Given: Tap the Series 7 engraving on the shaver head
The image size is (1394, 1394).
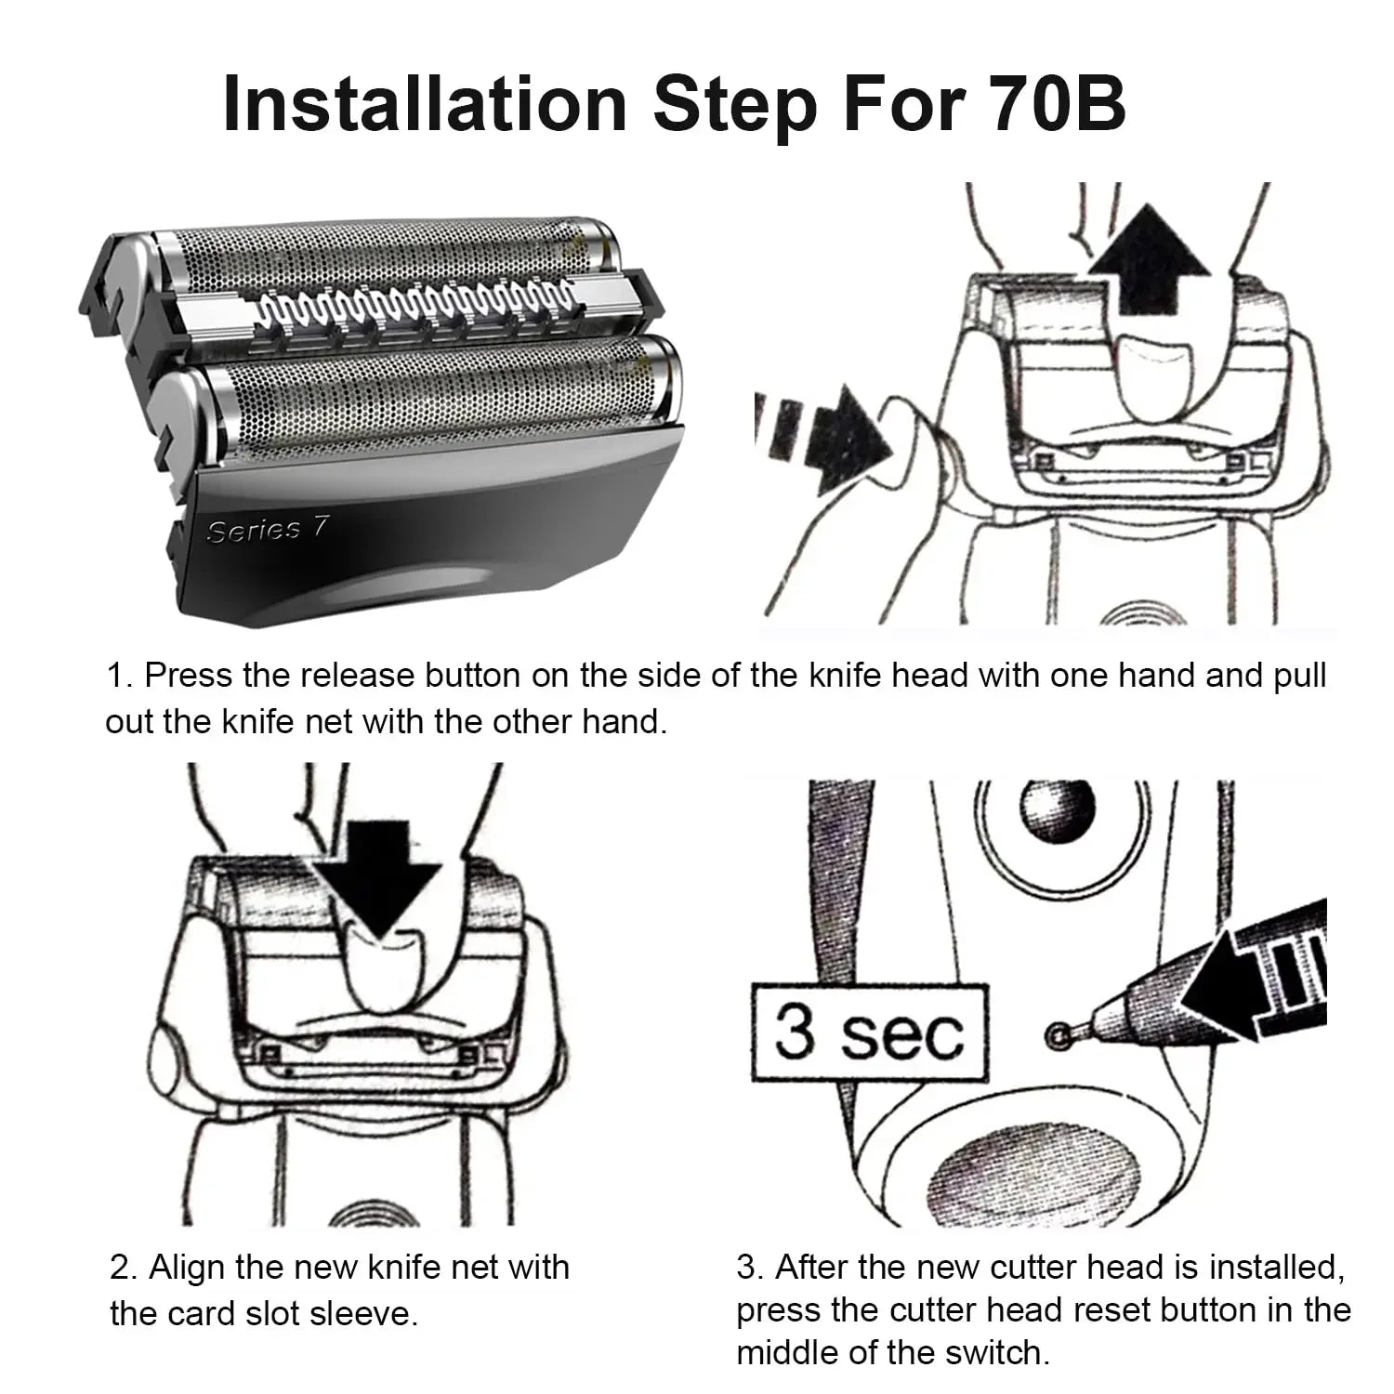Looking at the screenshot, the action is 268,530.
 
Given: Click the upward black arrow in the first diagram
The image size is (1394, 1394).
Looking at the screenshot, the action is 1149,263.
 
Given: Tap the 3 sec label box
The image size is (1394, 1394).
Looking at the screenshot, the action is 868,1032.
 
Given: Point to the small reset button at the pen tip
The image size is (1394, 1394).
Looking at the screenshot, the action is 1055,1034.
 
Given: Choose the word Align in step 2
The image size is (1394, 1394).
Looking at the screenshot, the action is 185,1267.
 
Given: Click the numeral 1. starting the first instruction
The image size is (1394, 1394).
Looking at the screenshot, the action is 120,676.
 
